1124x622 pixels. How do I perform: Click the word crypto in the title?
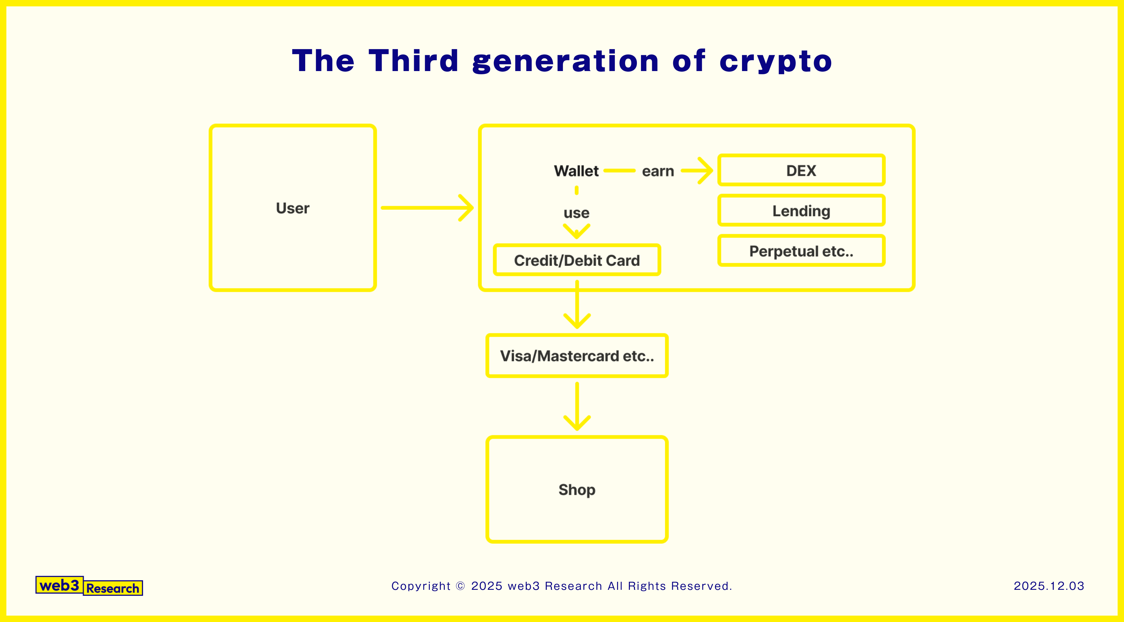coord(776,61)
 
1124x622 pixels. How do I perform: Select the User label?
coord(292,208)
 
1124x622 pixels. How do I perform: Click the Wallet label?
coord(576,171)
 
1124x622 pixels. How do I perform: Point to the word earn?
coord(658,171)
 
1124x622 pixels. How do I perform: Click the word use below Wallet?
coord(576,213)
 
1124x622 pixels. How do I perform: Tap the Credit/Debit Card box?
coord(576,260)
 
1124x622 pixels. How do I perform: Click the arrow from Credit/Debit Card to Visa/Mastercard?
coord(577,306)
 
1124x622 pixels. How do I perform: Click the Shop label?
coord(576,489)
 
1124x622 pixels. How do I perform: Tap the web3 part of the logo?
coord(59,585)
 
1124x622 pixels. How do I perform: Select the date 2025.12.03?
coord(1048,586)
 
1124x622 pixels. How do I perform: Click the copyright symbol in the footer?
coord(460,586)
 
